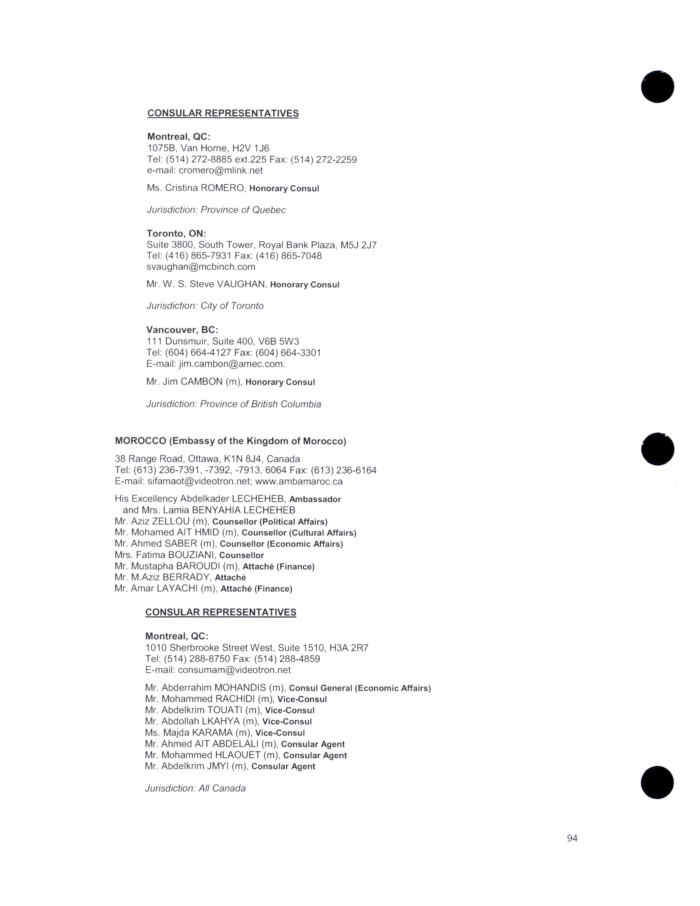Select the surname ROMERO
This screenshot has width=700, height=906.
coord(223,188)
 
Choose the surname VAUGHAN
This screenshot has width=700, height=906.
coord(241,284)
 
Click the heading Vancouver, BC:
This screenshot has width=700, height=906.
coord(182,330)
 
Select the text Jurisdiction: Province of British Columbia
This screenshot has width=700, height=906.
coord(234,404)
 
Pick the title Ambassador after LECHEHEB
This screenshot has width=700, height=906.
coord(315,499)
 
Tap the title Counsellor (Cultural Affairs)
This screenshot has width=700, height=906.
coord(299,533)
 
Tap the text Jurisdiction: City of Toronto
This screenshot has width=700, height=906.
coord(205,306)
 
